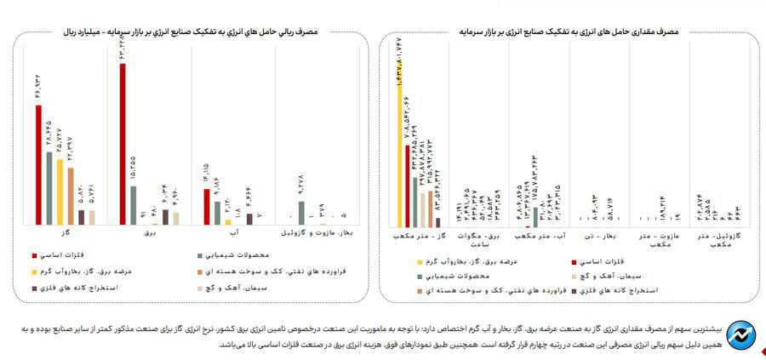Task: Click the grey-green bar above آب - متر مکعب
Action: point(535,217)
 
